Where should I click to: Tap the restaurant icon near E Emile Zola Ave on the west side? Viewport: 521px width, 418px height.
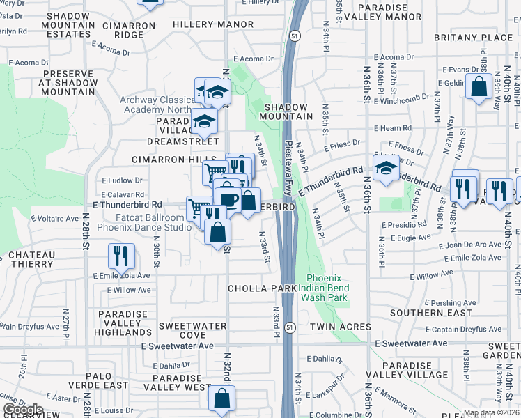[x=121, y=256]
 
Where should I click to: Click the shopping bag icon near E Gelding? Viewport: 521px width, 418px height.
[x=479, y=88]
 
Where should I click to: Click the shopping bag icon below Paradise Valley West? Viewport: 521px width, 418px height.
[x=221, y=399]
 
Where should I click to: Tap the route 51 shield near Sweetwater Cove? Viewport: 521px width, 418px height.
[x=290, y=327]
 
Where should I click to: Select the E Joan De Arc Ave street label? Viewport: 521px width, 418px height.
[x=470, y=245]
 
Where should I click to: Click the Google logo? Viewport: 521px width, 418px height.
[x=23, y=409]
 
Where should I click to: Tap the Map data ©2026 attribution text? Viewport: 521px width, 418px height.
[x=490, y=412]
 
